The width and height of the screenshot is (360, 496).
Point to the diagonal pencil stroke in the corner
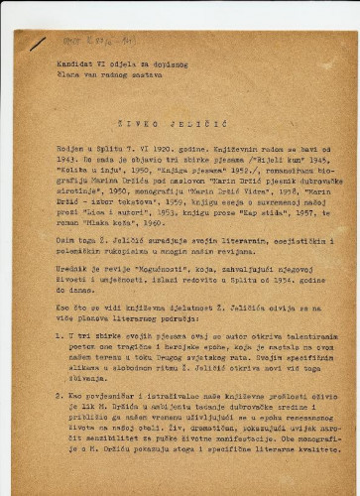click(x=36, y=45)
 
